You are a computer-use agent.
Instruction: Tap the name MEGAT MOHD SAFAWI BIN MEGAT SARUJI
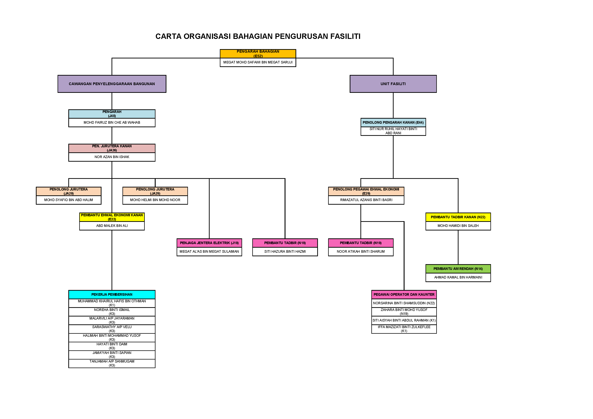[258, 62]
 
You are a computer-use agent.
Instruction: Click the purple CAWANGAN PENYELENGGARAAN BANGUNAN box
[112, 84]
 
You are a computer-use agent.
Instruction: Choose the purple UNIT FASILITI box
[393, 84]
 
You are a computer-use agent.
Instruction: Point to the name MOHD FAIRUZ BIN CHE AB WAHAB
[112, 122]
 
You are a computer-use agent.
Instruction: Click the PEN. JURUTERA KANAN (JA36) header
[112, 148]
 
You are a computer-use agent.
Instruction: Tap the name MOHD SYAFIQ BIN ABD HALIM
[68, 200]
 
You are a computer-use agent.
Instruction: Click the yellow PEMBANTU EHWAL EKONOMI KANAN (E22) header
[112, 217]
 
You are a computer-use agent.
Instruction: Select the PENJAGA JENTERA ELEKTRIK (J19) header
[209, 243]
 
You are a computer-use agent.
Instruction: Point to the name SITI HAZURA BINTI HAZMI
[285, 251]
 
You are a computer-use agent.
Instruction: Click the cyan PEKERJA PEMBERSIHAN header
[112, 295]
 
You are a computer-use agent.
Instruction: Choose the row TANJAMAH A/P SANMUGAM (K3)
[112, 363]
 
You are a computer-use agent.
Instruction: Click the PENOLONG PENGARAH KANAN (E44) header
[393, 122]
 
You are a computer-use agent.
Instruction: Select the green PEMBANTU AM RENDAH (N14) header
[458, 269]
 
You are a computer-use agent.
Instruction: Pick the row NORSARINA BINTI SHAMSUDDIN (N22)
[404, 303]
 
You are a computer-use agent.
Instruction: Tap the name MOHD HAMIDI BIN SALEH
[458, 226]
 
